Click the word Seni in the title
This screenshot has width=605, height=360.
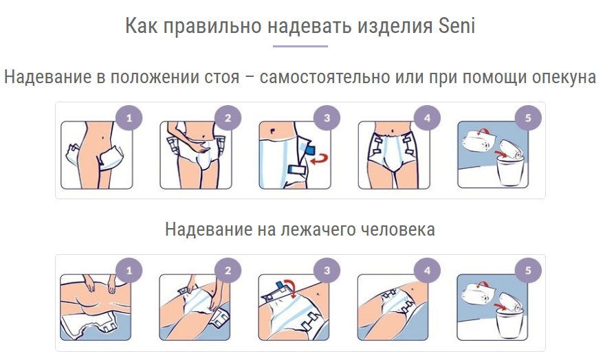tap(456, 26)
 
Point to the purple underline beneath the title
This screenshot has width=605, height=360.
tap(300, 46)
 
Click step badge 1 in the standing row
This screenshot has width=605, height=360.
tap(129, 118)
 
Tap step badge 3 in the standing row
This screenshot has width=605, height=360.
tap(327, 118)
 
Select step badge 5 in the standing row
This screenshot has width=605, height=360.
tap(528, 118)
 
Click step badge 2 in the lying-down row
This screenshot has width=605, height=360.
tap(228, 271)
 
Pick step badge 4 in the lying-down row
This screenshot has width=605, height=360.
tap(427, 271)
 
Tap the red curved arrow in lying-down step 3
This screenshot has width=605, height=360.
tap(291, 287)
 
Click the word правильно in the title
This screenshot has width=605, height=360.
tap(212, 27)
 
